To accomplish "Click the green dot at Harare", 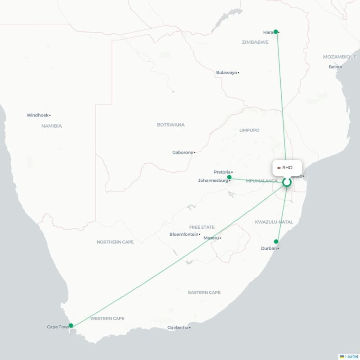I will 276,31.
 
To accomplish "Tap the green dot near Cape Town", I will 71,325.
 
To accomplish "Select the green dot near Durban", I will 276,242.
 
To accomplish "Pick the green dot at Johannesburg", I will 229,177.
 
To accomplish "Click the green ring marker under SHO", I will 287,182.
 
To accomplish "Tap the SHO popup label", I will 287,167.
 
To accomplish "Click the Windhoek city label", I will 37,115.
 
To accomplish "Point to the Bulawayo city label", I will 226,72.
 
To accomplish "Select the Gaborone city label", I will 183,153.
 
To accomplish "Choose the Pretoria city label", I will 222,172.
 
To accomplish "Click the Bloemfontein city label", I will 184,234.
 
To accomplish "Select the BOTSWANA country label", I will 171,125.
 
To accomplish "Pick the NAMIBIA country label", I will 51,126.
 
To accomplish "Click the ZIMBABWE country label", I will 255,42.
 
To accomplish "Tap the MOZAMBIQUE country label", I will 340,57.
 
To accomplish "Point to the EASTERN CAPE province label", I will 204,292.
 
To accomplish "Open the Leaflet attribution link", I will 351,356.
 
